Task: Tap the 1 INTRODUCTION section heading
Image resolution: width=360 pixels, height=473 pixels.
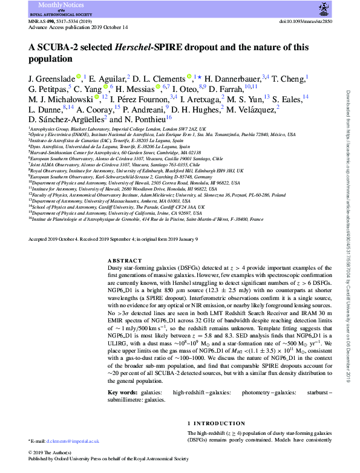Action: (215, 423)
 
